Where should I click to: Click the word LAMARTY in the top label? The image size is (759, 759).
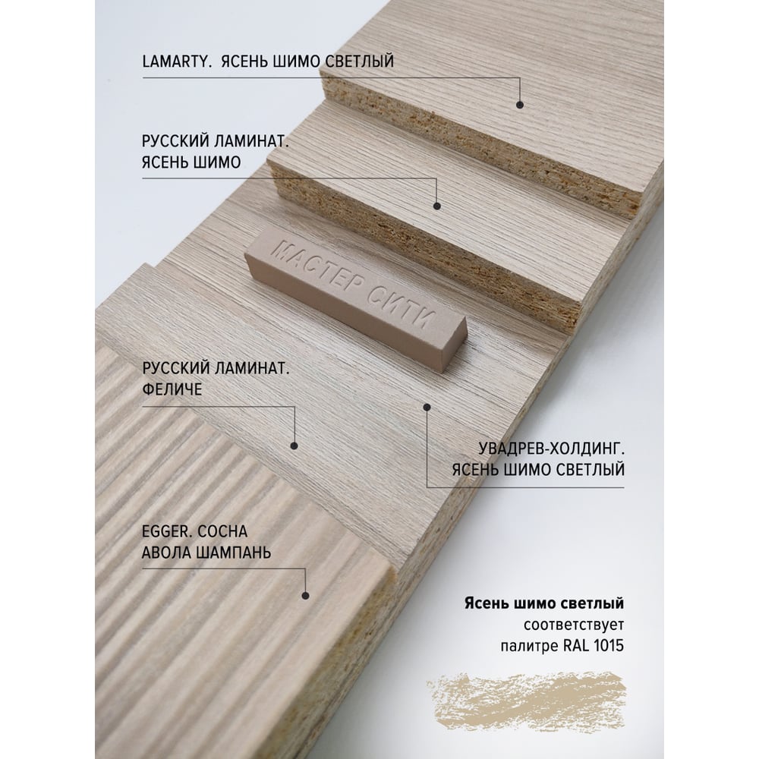click(x=176, y=61)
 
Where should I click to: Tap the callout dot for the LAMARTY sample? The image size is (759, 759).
click(x=520, y=105)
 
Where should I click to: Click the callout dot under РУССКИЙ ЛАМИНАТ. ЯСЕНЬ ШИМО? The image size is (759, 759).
click(x=437, y=206)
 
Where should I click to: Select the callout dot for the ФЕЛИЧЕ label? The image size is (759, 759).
click(x=294, y=446)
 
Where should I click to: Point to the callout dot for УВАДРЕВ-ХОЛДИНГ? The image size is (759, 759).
click(x=427, y=407)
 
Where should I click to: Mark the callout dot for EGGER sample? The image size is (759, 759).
click(x=305, y=595)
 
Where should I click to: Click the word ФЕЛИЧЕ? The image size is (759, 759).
click(x=172, y=389)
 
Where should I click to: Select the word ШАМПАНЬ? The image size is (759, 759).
click(x=232, y=553)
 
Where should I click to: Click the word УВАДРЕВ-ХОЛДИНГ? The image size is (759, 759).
click(x=551, y=449)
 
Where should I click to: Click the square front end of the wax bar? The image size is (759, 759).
click(x=452, y=345)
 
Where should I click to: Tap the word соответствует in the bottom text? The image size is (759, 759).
click(x=574, y=625)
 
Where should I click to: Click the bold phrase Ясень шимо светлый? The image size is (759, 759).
click(x=544, y=603)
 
